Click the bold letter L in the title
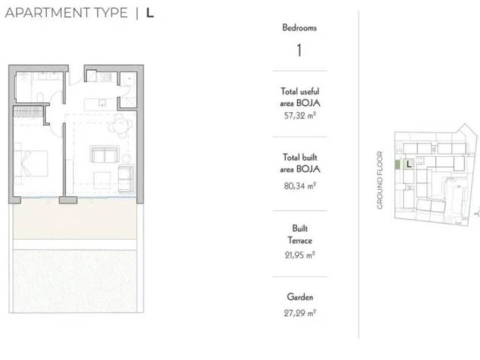click(150, 13)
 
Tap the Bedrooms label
click(299, 28)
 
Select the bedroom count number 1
click(299, 50)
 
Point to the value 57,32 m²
click(299, 115)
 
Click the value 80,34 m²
click(299, 186)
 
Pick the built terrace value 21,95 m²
click(299, 255)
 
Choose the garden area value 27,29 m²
click(299, 313)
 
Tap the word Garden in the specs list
click(300, 297)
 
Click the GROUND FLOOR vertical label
click(380, 180)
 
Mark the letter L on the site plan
click(409, 165)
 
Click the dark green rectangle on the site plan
click(397, 165)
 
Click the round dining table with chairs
click(119, 126)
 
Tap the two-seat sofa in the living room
click(105, 154)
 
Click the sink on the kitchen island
click(102, 103)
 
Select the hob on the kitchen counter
click(106, 77)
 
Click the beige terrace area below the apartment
click(75, 219)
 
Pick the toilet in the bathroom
click(40, 98)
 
